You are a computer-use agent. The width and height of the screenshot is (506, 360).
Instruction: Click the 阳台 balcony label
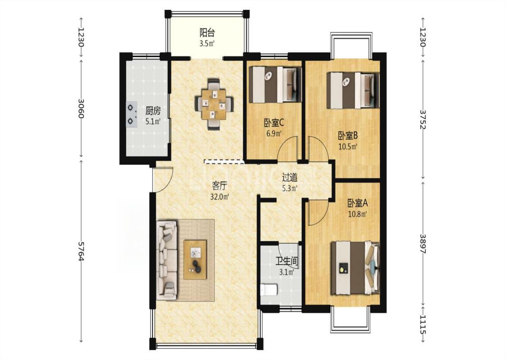point(207,32)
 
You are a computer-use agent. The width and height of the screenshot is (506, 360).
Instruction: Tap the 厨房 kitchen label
point(152,111)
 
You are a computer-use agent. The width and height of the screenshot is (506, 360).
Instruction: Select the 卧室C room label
point(274,123)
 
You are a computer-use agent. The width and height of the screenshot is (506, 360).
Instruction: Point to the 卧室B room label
point(348,135)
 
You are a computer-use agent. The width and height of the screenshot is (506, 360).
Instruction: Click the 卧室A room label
point(358,203)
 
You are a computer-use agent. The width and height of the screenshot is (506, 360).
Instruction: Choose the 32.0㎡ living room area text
point(220,196)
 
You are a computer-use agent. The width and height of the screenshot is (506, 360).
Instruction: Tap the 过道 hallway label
point(290,177)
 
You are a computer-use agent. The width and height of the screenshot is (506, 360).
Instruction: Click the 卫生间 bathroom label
point(286,261)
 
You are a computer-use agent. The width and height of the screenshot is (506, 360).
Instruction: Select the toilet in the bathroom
point(269,290)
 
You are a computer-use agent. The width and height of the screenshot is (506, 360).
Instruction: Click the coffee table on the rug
point(195,259)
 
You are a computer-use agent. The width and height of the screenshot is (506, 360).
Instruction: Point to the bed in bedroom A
point(355,268)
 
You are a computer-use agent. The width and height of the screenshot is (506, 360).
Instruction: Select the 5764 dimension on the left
point(81,251)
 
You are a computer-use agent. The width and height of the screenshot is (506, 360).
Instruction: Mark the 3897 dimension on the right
point(423,243)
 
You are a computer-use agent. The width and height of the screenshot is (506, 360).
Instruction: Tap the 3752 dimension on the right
point(423,119)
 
